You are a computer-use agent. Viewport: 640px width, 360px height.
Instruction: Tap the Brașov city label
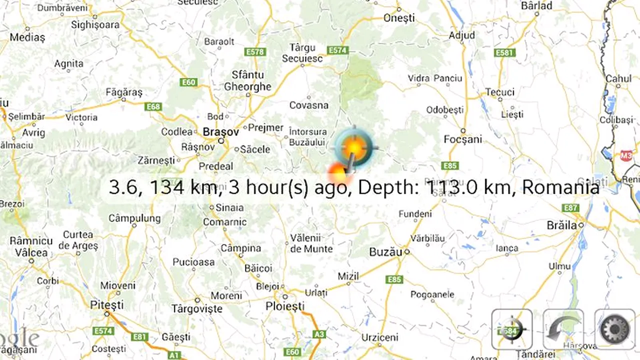coord(220,132)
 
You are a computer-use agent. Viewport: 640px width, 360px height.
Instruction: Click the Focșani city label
coord(462,139)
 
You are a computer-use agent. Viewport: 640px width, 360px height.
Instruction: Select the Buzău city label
coord(385,252)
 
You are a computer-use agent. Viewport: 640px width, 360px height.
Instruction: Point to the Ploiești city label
coord(284,306)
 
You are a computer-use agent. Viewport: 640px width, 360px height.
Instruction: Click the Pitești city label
coord(106,304)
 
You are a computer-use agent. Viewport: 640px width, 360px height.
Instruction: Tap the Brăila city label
coord(561,225)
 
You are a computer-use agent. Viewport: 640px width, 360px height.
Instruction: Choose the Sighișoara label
coord(95,24)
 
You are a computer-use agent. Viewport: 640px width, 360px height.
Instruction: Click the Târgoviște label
coord(196,308)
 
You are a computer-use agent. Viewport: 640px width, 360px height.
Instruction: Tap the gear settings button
coord(614,329)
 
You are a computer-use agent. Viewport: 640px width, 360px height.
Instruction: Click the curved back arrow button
coord(563,329)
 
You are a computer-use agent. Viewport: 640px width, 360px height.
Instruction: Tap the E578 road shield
coord(254,51)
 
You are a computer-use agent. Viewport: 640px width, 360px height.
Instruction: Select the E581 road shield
coord(503,52)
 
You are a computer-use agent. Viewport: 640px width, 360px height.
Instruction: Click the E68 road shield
coord(153,106)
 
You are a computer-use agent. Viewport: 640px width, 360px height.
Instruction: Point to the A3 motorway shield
coord(317,334)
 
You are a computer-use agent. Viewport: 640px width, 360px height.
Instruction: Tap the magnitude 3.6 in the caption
coord(120,187)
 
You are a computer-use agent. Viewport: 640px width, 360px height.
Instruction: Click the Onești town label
coord(399,18)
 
